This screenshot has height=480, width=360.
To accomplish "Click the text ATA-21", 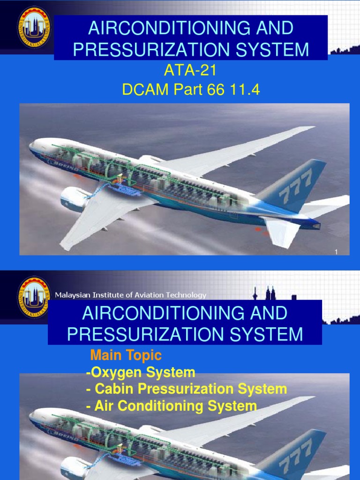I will click(x=190, y=71).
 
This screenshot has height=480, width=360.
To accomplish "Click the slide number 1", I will click(x=336, y=253).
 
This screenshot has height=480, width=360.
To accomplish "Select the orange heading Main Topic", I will click(x=126, y=355).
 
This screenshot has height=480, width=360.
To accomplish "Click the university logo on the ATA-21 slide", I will click(x=33, y=27).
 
